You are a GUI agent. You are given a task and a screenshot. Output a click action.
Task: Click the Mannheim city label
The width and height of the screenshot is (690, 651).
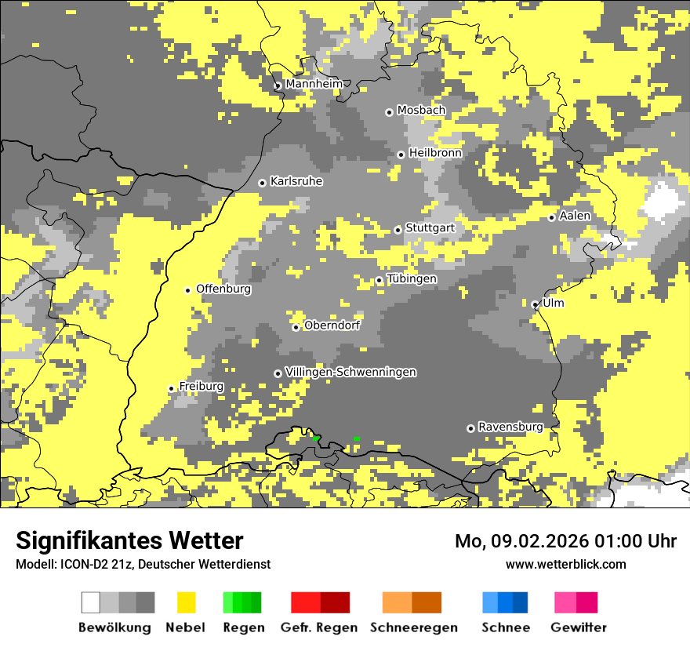coord(314,83)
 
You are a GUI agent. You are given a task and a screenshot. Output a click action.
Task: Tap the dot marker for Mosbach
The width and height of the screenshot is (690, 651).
coord(389,112)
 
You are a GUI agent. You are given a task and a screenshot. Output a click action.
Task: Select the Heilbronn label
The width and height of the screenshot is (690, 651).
coord(435,153)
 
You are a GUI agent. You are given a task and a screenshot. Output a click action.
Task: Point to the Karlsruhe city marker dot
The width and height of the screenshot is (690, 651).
coord(263,183)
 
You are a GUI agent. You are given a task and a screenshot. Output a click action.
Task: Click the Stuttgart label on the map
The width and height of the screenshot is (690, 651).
coord(430,228)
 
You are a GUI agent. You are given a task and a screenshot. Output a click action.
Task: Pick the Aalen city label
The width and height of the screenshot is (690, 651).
coord(575,216)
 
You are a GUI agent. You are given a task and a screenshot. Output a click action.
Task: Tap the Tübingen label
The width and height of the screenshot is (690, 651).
coord(412,279)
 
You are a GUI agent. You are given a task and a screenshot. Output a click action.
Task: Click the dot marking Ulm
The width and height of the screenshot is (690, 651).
coord(535,304)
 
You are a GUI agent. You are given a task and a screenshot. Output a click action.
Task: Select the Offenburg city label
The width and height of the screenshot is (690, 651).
coord(223,289)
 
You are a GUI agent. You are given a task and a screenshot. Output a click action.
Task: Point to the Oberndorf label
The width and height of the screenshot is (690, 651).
coord(332,325)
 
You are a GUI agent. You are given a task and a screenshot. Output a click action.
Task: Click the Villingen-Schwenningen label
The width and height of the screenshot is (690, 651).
coord(350,372)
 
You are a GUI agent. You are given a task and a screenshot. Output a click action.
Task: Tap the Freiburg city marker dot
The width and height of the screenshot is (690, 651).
coord(171,388)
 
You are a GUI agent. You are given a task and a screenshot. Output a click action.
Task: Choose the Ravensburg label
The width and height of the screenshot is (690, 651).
coord(510,427)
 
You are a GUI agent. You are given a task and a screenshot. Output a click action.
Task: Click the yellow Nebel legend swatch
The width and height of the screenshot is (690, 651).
coord(186,602)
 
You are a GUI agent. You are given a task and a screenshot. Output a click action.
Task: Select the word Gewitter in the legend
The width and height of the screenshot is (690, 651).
coord(578,627)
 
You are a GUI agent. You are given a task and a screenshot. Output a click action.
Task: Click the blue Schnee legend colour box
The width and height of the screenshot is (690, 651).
coord(505,602)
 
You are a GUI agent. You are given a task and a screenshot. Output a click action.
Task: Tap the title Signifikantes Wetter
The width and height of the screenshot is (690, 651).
coord(129,540)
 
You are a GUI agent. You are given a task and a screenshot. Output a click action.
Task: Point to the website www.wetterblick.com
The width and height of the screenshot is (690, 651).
coord(565,564)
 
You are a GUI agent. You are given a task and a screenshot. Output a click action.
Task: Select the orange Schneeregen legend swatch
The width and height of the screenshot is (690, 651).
coord(412,602)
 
